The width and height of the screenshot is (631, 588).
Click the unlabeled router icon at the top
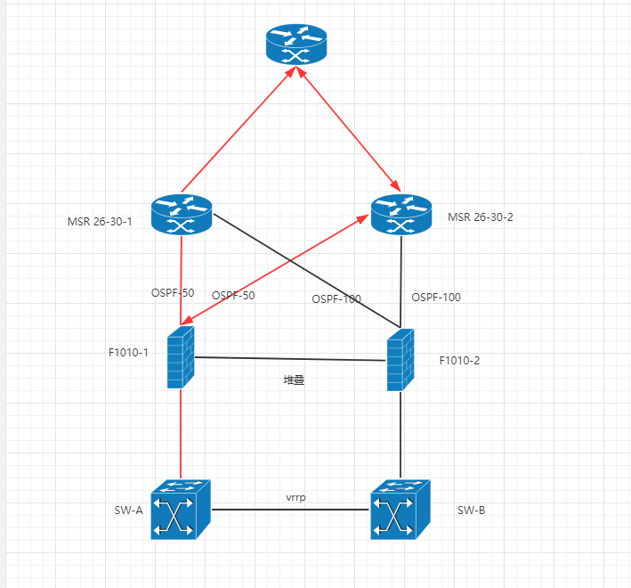tap(297, 45)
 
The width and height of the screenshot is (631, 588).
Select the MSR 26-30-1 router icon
tap(182, 215)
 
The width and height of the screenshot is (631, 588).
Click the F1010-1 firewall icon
tap(181, 356)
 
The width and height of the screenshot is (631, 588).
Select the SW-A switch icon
tap(180, 510)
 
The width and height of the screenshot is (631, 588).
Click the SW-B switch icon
tap(400, 510)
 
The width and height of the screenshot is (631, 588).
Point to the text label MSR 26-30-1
tap(100, 221)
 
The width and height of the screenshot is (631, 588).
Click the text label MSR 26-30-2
tap(481, 216)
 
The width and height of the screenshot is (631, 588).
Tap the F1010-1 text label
tap(128, 352)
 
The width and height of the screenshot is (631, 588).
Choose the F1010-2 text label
tap(459, 360)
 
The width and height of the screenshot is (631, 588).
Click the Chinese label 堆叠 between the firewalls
tap(294, 380)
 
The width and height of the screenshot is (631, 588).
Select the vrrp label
tap(296, 497)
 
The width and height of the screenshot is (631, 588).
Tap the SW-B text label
tap(471, 510)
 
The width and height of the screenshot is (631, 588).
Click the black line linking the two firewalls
tap(290, 359)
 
